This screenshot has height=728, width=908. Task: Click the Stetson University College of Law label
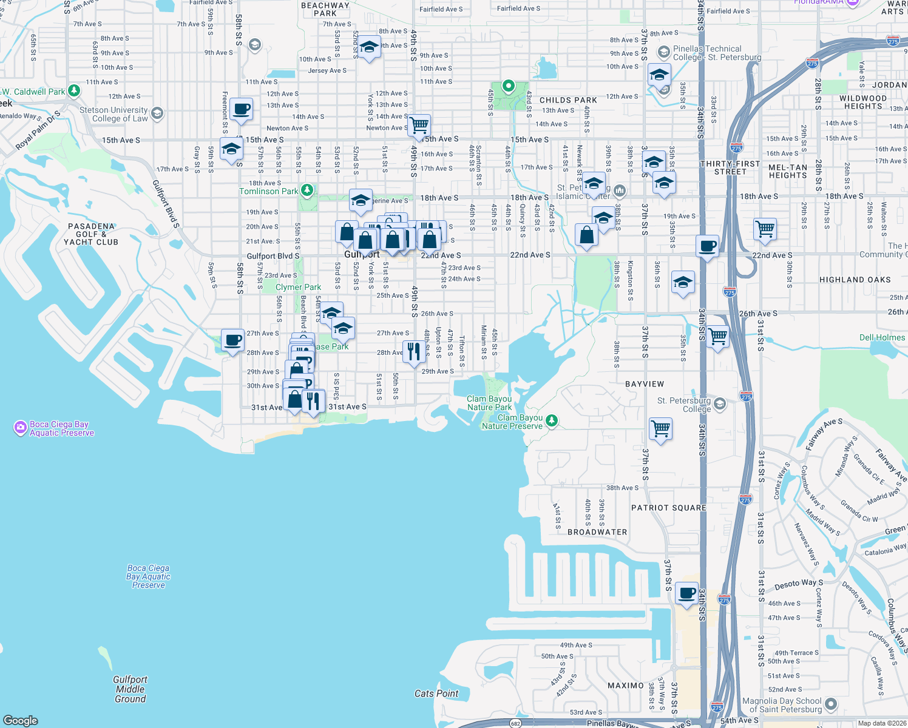pyautogui.click(x=113, y=114)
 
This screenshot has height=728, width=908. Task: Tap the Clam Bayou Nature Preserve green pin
pyautogui.click(x=551, y=420)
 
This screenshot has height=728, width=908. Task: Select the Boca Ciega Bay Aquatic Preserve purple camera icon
pyautogui.click(x=20, y=428)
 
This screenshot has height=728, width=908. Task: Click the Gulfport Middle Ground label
pyautogui.click(x=130, y=689)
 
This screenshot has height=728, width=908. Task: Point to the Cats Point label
pyautogui.click(x=436, y=693)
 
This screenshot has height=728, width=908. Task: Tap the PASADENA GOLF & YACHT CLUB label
pyautogui.click(x=91, y=234)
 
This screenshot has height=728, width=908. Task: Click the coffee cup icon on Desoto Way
pyautogui.click(x=686, y=593)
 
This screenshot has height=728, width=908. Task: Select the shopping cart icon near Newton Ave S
pyautogui.click(x=419, y=126)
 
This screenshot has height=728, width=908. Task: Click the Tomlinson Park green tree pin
pyautogui.click(x=307, y=190)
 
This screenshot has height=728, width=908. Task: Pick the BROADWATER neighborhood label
pyautogui.click(x=597, y=532)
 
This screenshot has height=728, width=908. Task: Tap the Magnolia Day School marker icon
pyautogui.click(x=831, y=704)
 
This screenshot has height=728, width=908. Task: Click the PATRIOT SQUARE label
pyautogui.click(x=668, y=508)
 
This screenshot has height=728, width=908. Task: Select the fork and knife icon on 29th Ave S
pyautogui.click(x=413, y=351)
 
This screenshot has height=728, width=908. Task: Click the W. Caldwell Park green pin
pyautogui.click(x=74, y=91)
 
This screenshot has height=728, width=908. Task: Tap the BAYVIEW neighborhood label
pyautogui.click(x=645, y=384)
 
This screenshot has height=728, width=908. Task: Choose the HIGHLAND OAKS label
pyautogui.click(x=855, y=280)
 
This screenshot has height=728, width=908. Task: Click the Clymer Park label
pyautogui.click(x=298, y=287)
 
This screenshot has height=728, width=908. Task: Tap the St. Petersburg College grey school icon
pyautogui.click(x=719, y=404)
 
